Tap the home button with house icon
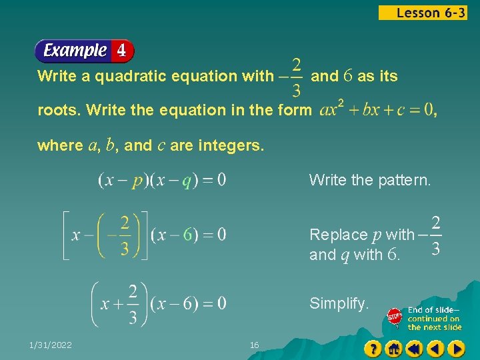pos(394,349)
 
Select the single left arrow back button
pos(435,349)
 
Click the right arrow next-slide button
pos(456,349)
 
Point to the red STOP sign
pos(395,318)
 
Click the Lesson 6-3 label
pos(423,13)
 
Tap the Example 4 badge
pos(84,51)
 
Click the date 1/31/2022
pos(51,345)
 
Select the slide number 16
pos(254,345)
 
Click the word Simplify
pos(339,304)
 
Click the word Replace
pos(338,235)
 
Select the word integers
pos(229,145)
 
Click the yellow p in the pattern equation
pos(137,180)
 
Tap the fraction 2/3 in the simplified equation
pos(133,304)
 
